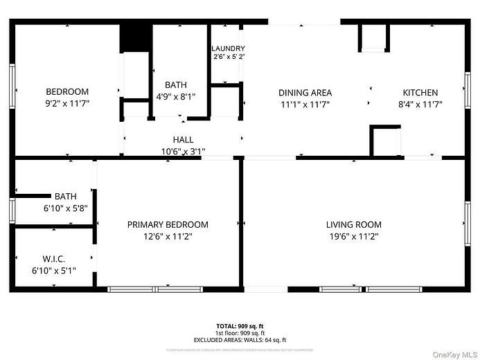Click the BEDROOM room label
[67, 92]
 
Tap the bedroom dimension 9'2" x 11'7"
[67, 104]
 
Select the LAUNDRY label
[228, 48]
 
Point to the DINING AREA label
[305, 93]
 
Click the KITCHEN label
[420, 93]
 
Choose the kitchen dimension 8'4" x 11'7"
[420, 105]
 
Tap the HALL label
[183, 140]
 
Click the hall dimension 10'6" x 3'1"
[183, 151]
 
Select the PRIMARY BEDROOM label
[168, 225]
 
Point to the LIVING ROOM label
[353, 225]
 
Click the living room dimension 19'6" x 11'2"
[353, 237]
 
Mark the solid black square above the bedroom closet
[136, 38]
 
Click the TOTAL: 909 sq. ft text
[240, 325]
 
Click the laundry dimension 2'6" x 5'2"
[228, 57]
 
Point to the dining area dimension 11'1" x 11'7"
[305, 105]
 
